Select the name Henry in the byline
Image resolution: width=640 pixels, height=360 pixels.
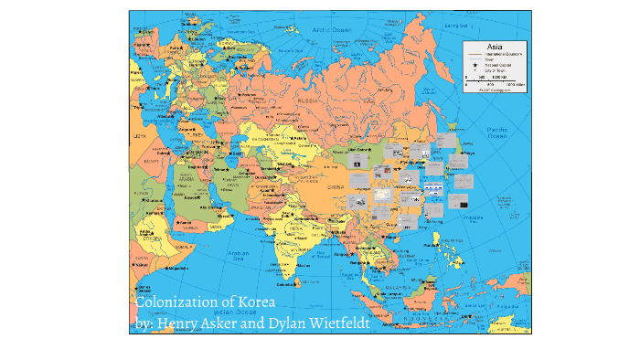coord(178,323)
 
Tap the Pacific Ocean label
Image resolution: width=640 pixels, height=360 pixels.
coord(497,134)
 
